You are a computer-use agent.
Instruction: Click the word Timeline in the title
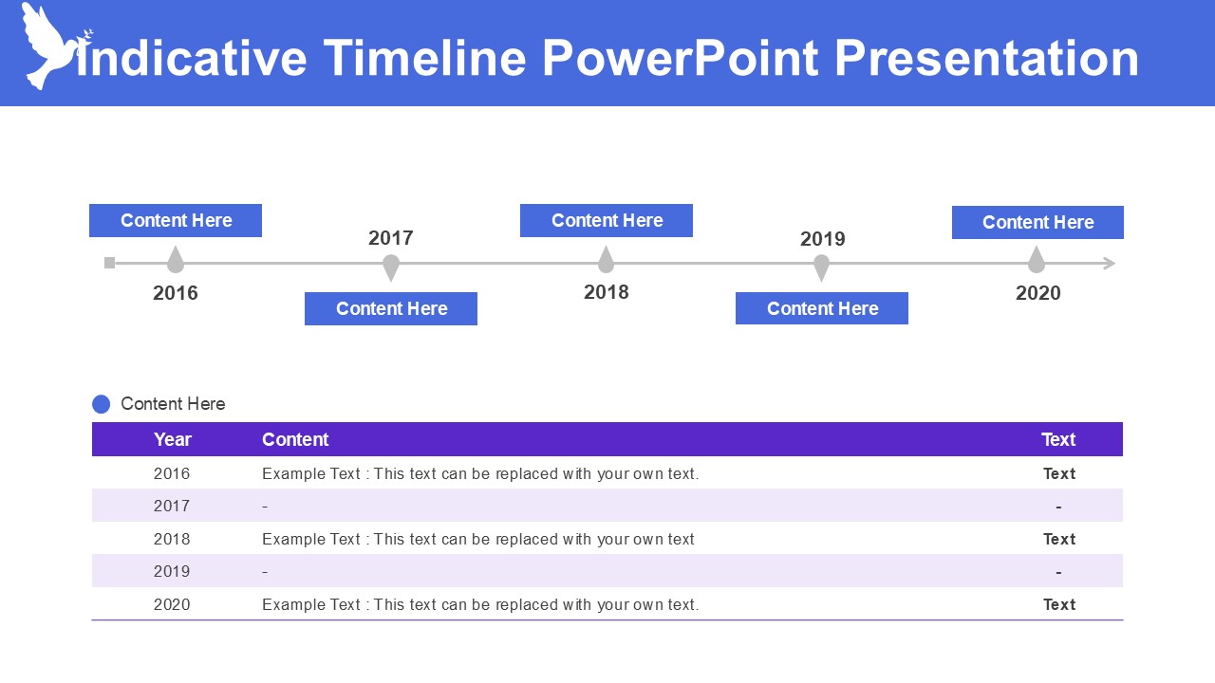click(x=424, y=58)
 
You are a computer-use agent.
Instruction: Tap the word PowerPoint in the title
click(x=680, y=58)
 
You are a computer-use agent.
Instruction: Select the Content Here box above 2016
click(x=176, y=220)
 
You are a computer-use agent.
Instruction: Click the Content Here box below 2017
click(x=391, y=308)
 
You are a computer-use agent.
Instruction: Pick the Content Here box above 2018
click(x=607, y=220)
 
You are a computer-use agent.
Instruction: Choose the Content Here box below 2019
click(x=822, y=308)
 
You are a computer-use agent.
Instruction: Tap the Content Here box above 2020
click(x=1037, y=222)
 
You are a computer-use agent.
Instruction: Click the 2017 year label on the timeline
click(x=391, y=238)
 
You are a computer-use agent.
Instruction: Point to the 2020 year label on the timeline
click(x=1037, y=293)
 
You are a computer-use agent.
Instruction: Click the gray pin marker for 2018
click(x=606, y=260)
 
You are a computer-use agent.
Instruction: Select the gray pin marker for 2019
click(x=822, y=268)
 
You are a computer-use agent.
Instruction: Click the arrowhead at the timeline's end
click(x=1109, y=264)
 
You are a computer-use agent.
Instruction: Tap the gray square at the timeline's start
click(x=110, y=263)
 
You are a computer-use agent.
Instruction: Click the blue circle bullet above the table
click(x=102, y=404)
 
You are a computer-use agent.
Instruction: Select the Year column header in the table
click(x=173, y=439)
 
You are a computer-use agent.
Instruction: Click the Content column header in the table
click(x=295, y=439)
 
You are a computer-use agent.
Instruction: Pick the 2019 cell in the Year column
click(x=172, y=571)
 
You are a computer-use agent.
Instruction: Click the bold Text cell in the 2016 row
click(x=1059, y=473)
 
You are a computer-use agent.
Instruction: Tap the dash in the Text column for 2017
click(x=1058, y=507)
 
